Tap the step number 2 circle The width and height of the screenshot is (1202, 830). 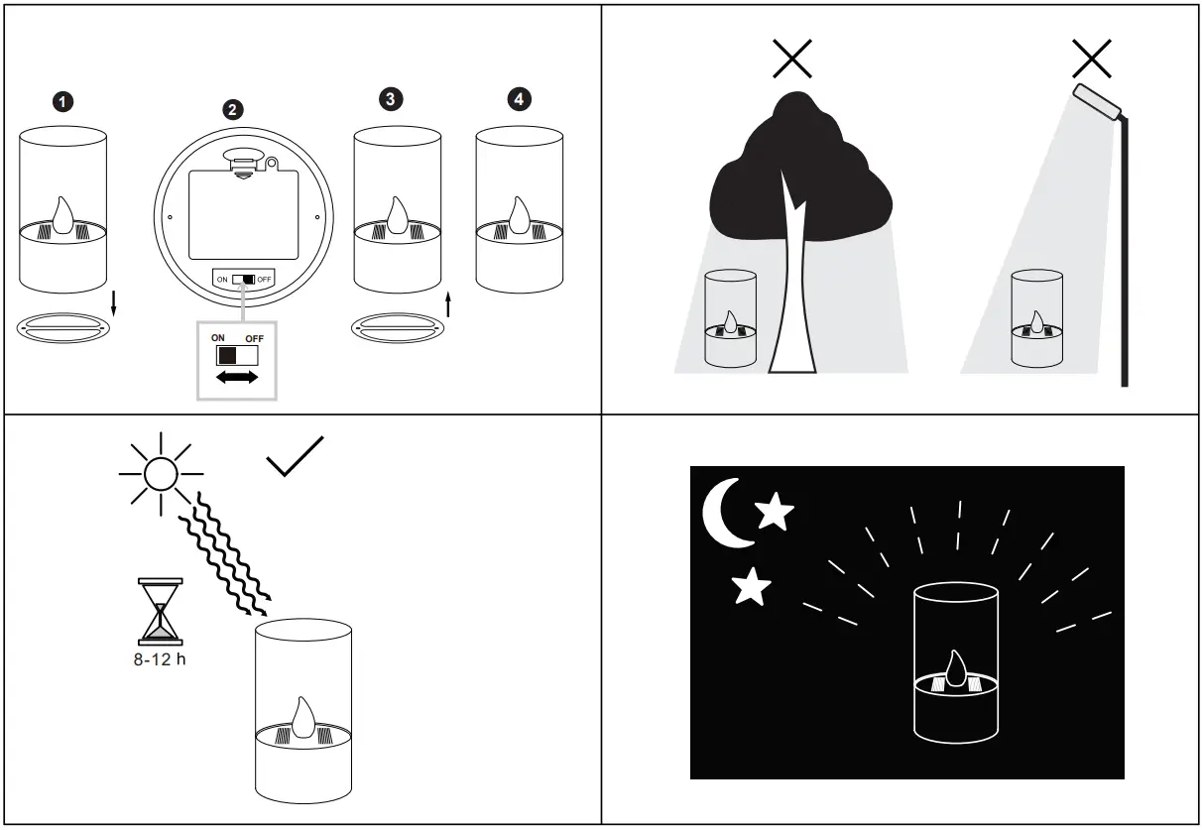pyautogui.click(x=232, y=110)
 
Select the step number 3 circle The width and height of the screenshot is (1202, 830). pyautogui.click(x=392, y=99)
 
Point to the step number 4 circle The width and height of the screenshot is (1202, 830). pyautogui.click(x=519, y=99)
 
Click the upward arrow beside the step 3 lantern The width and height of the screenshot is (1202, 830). pyautogui.click(x=448, y=303)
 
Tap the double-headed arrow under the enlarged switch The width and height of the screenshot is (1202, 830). pyautogui.click(x=236, y=378)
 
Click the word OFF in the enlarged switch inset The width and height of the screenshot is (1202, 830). pyautogui.click(x=255, y=338)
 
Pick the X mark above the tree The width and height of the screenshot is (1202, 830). pyautogui.click(x=792, y=59)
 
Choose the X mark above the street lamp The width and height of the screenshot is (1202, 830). pyautogui.click(x=1091, y=59)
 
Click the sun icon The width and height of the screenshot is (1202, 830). pyautogui.click(x=159, y=472)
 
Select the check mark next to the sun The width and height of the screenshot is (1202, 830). pyautogui.click(x=295, y=456)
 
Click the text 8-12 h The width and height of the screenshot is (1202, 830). pyautogui.click(x=160, y=659)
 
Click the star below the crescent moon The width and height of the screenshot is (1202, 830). pyautogui.click(x=751, y=587)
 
